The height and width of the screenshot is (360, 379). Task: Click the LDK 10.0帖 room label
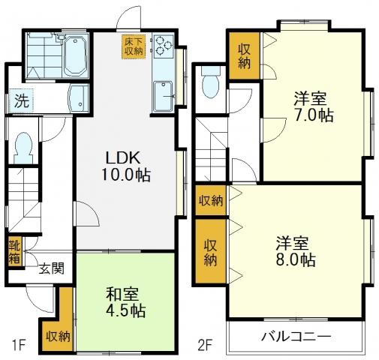(125, 166)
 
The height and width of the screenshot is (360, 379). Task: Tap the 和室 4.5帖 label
(125, 302)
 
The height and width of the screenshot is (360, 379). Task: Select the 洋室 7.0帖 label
(313, 106)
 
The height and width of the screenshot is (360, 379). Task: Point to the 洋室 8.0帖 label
(295, 251)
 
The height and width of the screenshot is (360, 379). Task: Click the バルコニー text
(296, 337)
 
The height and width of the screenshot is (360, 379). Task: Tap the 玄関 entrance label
(52, 268)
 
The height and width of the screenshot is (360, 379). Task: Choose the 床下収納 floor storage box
(134, 46)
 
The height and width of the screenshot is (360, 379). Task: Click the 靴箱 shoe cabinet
(14, 252)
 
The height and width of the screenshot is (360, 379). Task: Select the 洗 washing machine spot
(21, 101)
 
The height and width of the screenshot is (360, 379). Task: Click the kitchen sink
(163, 97)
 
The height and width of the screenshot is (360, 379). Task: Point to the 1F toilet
(23, 148)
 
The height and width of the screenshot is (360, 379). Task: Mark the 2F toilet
(211, 83)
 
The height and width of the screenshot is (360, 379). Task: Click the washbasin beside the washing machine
(78, 98)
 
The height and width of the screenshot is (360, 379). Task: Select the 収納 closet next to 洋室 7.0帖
(244, 55)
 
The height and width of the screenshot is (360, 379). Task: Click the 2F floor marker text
(205, 346)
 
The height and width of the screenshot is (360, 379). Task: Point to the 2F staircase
(211, 149)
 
